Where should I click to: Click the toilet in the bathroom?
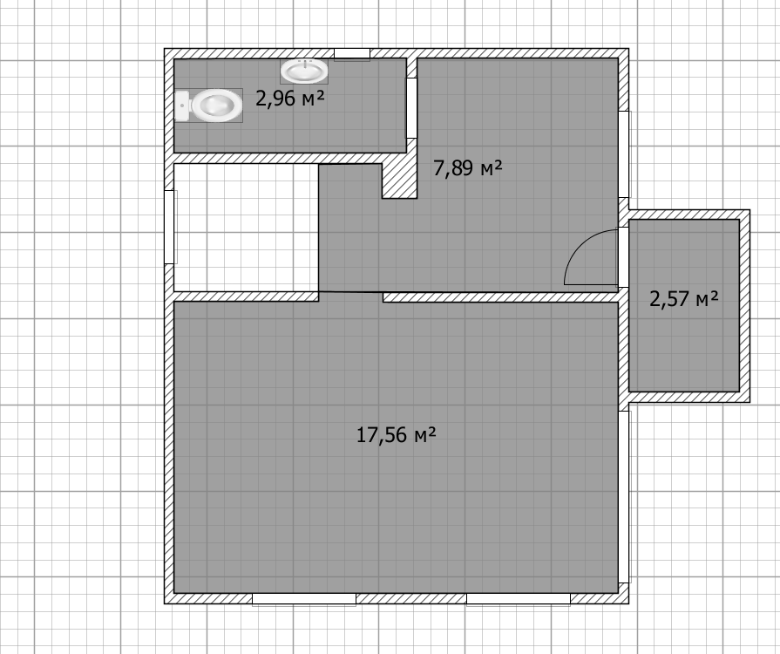(209, 105)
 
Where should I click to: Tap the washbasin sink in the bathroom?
(304, 72)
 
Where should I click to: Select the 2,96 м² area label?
(290, 99)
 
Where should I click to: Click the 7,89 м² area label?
(468, 168)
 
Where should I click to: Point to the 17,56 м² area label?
(397, 435)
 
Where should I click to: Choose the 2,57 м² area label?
(684, 298)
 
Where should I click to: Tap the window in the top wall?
(352, 54)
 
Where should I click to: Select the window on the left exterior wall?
(170, 227)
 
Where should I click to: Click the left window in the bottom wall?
(304, 599)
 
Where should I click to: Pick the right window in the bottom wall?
(518, 599)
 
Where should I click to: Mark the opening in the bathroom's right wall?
(412, 108)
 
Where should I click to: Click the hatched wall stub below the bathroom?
(399, 181)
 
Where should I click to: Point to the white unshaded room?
(246, 228)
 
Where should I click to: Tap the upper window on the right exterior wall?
(624, 154)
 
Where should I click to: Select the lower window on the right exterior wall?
(624, 497)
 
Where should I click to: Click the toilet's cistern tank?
(181, 106)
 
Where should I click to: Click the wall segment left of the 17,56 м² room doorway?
(247, 296)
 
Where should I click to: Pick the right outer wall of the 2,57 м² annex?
(744, 305)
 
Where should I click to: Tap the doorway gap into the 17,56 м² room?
(350, 296)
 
